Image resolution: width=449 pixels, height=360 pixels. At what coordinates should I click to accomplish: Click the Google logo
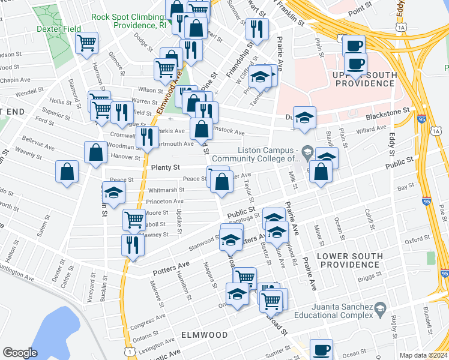20,352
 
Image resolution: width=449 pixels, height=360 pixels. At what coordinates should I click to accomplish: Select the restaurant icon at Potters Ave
133,244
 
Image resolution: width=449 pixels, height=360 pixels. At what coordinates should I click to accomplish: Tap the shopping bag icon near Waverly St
67,171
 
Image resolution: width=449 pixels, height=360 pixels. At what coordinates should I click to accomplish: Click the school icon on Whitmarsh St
113,193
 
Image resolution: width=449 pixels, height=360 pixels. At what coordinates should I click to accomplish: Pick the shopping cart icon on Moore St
133,219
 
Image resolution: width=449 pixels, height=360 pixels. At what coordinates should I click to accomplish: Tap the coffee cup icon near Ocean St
321,349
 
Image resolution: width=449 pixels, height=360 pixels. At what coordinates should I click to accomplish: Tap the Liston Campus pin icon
307,150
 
